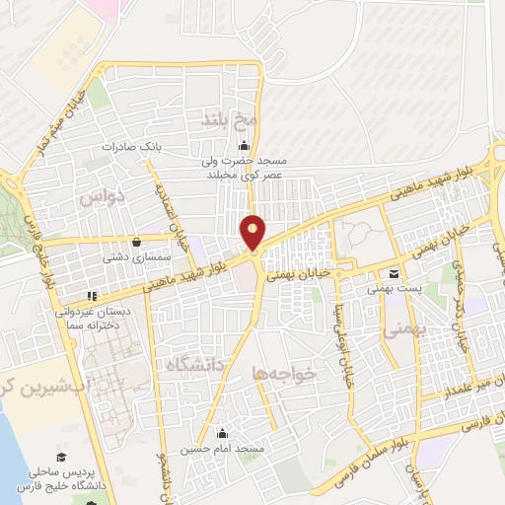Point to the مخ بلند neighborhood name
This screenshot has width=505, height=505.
pos(230,119)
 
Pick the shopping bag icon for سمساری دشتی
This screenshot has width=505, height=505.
pos(135,241)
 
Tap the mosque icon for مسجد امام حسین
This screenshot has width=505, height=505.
pos(222,432)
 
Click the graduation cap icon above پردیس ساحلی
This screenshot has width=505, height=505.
pos(61,456)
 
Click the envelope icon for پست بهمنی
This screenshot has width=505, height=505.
pos(395,273)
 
